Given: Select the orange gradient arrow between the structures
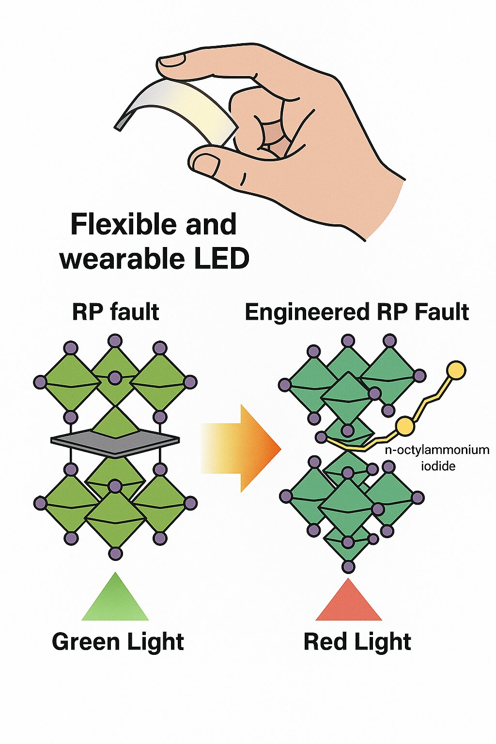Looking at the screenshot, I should pos(242,449).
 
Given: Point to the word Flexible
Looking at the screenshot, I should pos(123,224).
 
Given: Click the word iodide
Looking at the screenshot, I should pos(438,466).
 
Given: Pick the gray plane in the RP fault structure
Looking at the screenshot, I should pos(115,442).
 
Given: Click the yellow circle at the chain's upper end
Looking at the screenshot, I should pos(455,371).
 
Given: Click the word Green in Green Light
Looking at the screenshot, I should pos(86,642).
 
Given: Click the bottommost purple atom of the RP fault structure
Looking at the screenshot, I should pos(115,553).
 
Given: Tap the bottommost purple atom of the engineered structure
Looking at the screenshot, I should pos(348,566).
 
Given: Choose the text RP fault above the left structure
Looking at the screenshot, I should pos(115,312).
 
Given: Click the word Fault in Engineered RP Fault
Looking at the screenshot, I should pos(442,312).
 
